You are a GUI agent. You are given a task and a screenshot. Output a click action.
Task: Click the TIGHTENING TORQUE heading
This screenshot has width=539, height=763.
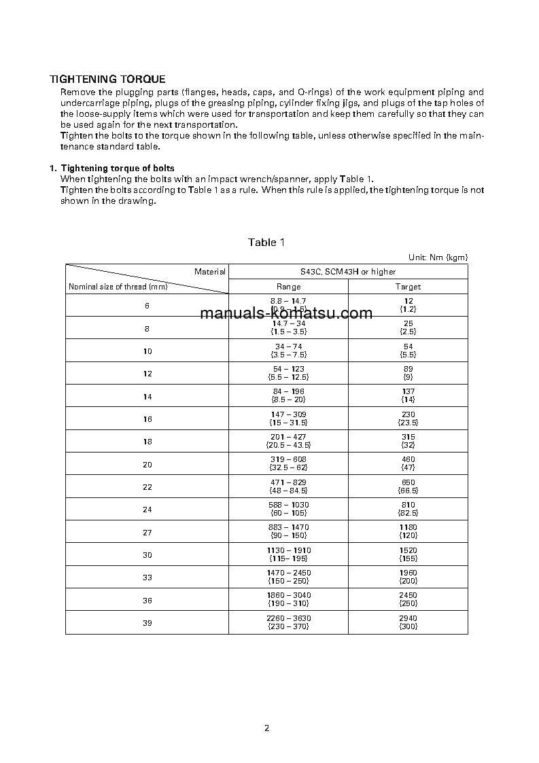click(x=107, y=79)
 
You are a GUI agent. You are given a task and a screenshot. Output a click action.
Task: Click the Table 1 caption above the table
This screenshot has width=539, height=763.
click(x=262, y=243)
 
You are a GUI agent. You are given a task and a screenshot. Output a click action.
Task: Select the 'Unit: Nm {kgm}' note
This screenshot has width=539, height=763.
click(x=438, y=258)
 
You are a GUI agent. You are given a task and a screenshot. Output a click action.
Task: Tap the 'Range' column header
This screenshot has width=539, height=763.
click(x=288, y=287)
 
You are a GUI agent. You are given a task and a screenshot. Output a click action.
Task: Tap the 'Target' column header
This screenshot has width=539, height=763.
click(x=408, y=287)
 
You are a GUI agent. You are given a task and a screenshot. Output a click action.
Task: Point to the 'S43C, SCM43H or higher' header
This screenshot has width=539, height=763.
click(x=348, y=272)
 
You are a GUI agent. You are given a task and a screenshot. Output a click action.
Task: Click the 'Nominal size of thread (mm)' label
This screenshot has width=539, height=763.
click(x=118, y=287)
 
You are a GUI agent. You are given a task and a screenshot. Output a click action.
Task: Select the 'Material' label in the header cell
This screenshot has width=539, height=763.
click(x=209, y=272)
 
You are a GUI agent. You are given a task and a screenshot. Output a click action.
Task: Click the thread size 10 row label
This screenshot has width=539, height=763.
click(x=147, y=351)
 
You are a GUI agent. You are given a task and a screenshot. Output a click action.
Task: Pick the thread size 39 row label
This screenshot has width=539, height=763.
click(x=147, y=623)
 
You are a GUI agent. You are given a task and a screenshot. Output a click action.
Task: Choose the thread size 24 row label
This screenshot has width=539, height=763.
click(x=147, y=510)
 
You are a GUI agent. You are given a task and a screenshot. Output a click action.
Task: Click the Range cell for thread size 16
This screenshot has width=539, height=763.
click(x=288, y=419)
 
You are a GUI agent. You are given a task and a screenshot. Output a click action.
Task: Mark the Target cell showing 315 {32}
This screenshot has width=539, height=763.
click(x=408, y=441)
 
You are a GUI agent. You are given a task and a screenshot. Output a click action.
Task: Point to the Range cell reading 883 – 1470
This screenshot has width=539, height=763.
click(x=288, y=531)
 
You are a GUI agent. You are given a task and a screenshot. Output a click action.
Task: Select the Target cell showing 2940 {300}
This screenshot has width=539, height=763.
click(x=408, y=622)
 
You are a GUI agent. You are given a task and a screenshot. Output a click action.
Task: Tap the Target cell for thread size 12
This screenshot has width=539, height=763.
click(x=408, y=373)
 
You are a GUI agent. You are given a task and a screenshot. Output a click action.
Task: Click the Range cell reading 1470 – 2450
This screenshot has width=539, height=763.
click(x=288, y=577)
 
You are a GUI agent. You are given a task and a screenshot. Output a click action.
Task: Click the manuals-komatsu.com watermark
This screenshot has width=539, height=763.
click(x=287, y=313)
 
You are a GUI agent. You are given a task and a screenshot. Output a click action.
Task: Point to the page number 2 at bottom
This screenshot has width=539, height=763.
click(x=266, y=728)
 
